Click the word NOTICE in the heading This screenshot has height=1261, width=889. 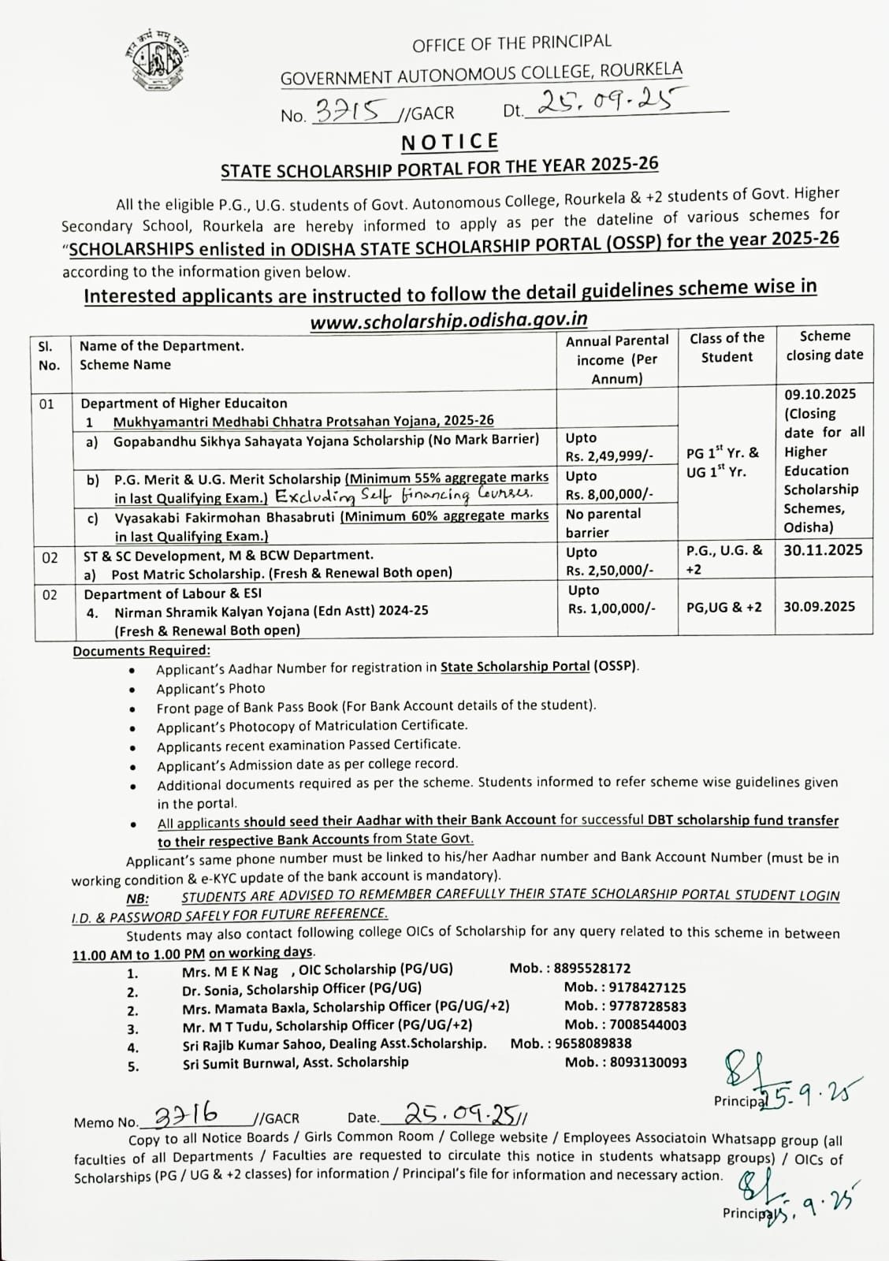tap(450, 142)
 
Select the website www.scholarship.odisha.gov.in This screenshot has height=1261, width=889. tap(448, 320)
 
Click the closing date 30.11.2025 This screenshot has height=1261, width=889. tap(823, 550)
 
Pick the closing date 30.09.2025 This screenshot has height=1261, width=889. tap(819, 606)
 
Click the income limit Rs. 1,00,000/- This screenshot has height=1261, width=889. tap(612, 608)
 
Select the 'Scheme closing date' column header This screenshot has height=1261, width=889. tap(824, 346)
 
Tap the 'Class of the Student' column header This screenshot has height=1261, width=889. tap(727, 348)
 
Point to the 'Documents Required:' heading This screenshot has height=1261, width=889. tap(141, 650)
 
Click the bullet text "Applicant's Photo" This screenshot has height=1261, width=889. tap(210, 688)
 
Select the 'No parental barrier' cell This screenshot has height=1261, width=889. tap(603, 523)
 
